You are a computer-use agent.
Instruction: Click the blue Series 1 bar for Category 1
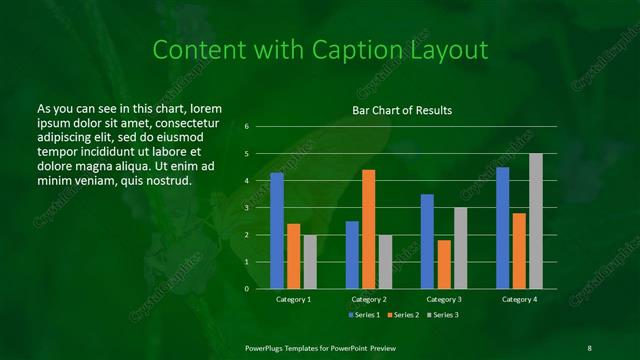[x=277, y=231]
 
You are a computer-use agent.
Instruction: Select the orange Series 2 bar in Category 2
[x=368, y=229]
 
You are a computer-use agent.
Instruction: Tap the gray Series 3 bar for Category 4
[x=535, y=221]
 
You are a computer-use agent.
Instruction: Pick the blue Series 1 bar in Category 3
[x=427, y=241]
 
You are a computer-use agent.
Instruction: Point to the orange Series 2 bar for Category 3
[x=443, y=264]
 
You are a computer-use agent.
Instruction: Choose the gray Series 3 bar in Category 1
[x=310, y=262]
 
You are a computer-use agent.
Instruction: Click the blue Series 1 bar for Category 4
[x=502, y=228]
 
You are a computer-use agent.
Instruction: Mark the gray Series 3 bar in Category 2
[x=385, y=262]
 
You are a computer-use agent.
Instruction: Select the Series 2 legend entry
[x=402, y=315]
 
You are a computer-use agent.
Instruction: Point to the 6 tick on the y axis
[x=246, y=127]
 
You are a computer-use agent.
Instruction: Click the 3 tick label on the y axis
[x=246, y=208]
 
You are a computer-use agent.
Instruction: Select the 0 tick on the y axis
[x=246, y=289]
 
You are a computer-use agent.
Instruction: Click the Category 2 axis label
[x=368, y=299]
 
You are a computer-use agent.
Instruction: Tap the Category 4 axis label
[x=518, y=299]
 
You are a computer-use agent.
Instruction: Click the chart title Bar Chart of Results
[x=402, y=110]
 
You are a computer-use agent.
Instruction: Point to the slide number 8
[x=589, y=347]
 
